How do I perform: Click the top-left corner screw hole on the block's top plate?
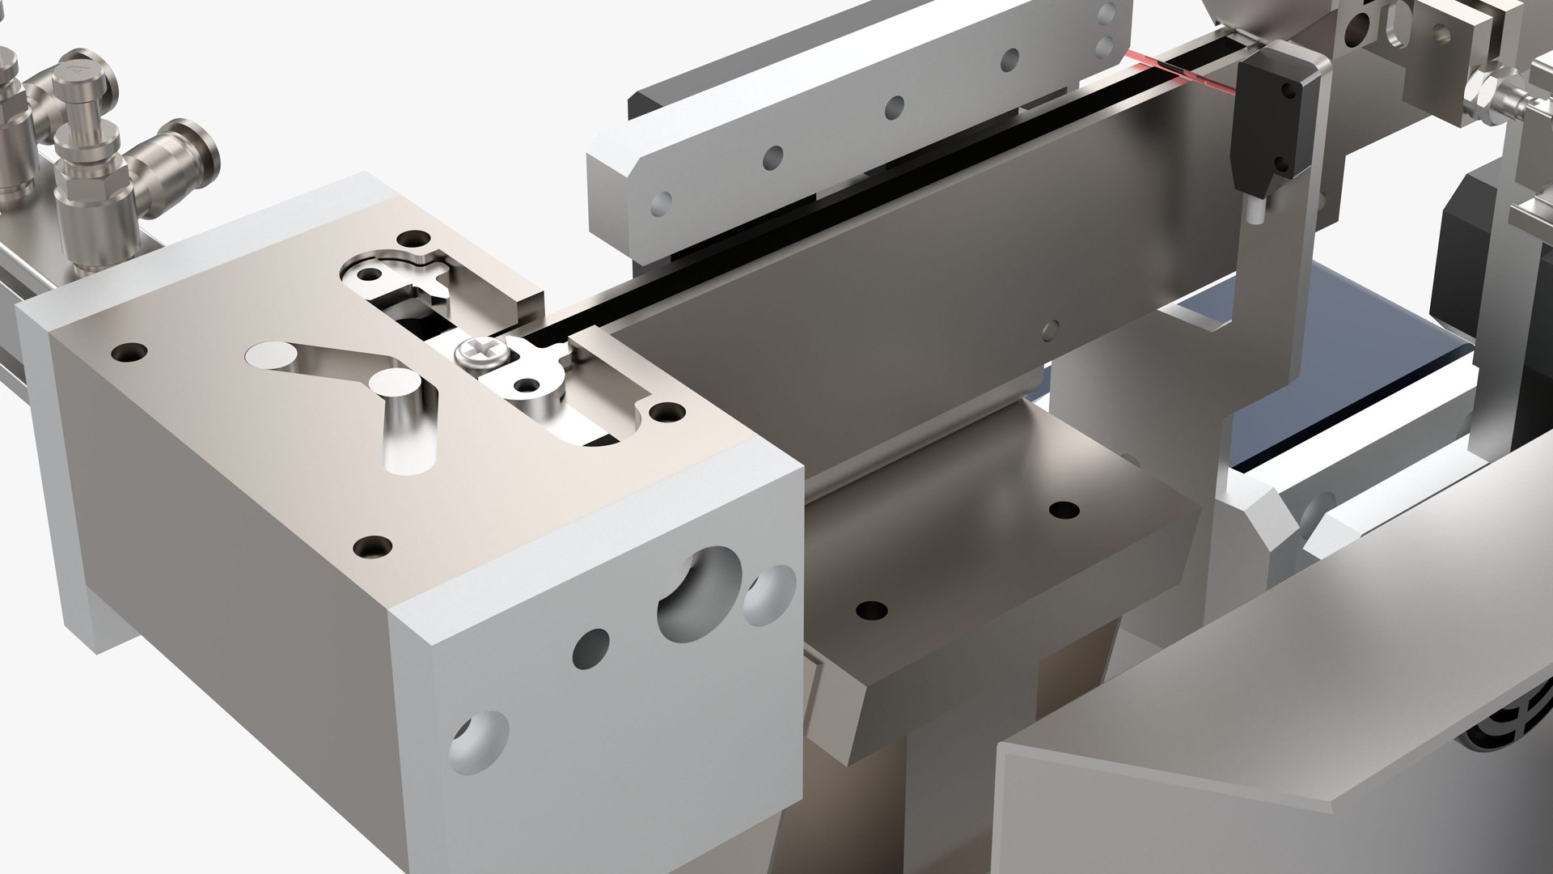[x=129, y=353]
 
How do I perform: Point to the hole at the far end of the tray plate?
[x=1064, y=510]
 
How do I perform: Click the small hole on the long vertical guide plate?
[x=1049, y=327]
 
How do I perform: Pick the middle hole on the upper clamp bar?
[x=894, y=105]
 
